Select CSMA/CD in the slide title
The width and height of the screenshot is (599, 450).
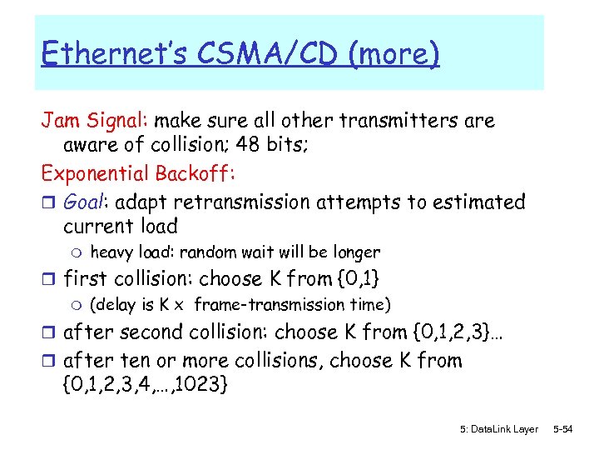coord(255,54)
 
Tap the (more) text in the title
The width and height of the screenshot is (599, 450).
coord(394,54)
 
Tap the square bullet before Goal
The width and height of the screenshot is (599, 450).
coord(48,202)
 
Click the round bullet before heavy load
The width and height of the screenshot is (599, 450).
coord(72,252)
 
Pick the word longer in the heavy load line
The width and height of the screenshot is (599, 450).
coord(357,252)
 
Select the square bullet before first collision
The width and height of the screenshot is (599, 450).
coord(48,279)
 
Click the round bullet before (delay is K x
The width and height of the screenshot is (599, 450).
coord(72,306)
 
